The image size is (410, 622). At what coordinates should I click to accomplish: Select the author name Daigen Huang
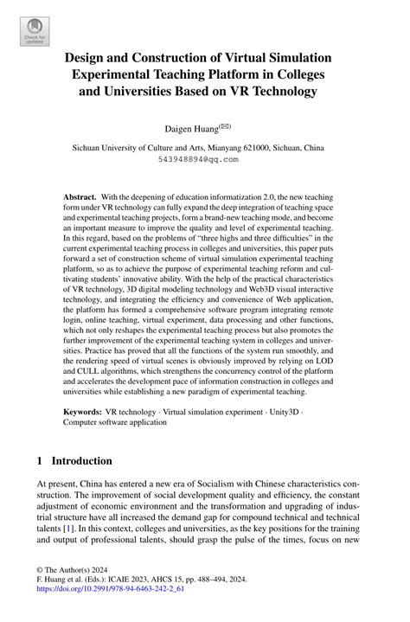click(x=195, y=128)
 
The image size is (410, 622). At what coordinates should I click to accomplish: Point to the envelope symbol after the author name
click(x=226, y=125)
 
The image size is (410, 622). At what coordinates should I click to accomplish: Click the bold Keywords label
click(x=82, y=413)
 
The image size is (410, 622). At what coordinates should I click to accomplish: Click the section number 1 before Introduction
click(x=40, y=462)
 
